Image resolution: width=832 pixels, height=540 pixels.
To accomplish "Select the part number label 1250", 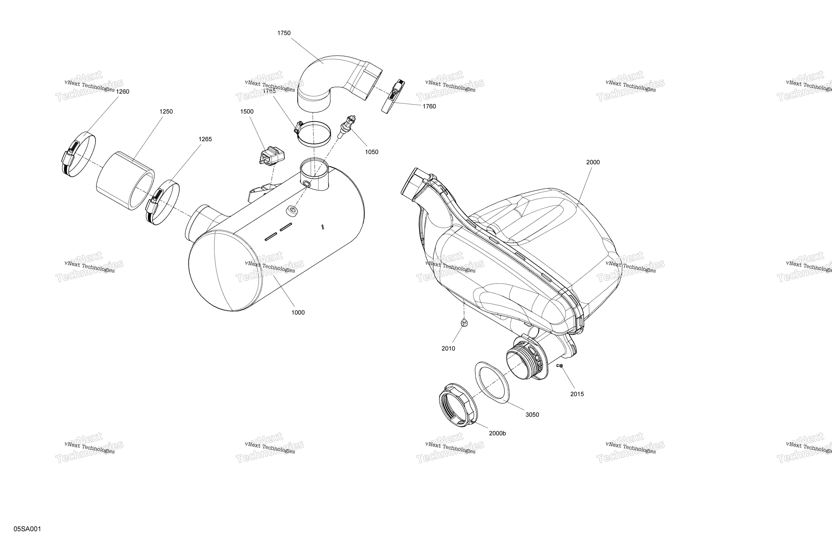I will point(166,112).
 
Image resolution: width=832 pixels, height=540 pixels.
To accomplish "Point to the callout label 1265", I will point(205,139).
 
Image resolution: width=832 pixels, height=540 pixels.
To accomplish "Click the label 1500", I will point(247,112).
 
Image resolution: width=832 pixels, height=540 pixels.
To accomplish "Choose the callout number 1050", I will point(372,152).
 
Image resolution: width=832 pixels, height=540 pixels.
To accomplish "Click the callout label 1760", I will point(429,106).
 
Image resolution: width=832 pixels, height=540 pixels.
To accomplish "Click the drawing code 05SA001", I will point(27,529).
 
